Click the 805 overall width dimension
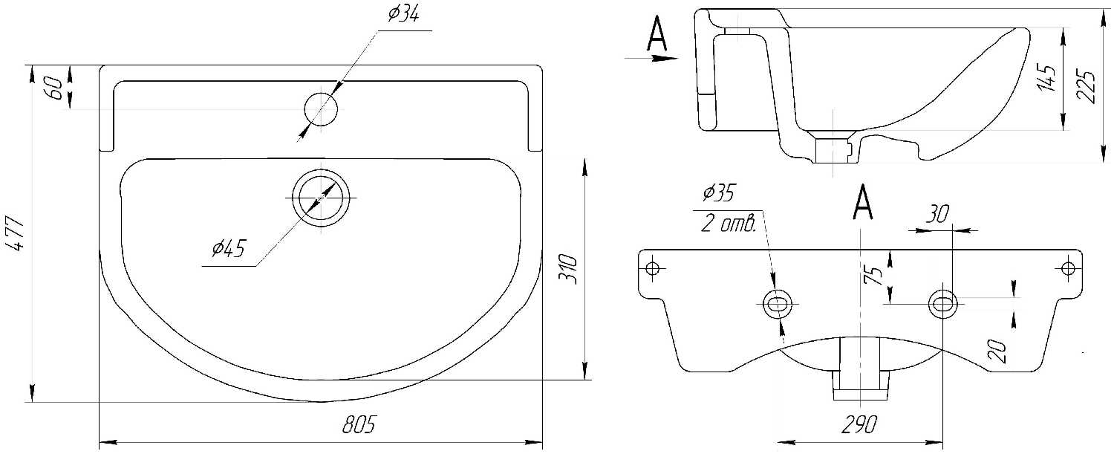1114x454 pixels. pyautogui.click(x=358, y=424)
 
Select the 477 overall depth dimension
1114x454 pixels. pyautogui.click(x=17, y=234)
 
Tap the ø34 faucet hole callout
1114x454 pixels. pyautogui.click(x=403, y=14)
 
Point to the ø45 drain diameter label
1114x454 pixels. pyautogui.click(x=228, y=248)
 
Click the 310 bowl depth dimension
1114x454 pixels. pyautogui.click(x=568, y=269)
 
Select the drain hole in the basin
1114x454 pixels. pyautogui.click(x=322, y=198)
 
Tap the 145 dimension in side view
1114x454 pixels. pyautogui.click(x=1046, y=77)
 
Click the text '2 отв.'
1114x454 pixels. pyautogui.click(x=729, y=224)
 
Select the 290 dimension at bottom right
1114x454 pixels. pyautogui.click(x=859, y=424)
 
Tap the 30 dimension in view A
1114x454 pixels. pyautogui.click(x=937, y=213)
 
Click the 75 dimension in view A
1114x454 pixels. pyautogui.click(x=873, y=275)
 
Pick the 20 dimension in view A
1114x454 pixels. pyautogui.click(x=997, y=351)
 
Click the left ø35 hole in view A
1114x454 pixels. pyautogui.click(x=778, y=303)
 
